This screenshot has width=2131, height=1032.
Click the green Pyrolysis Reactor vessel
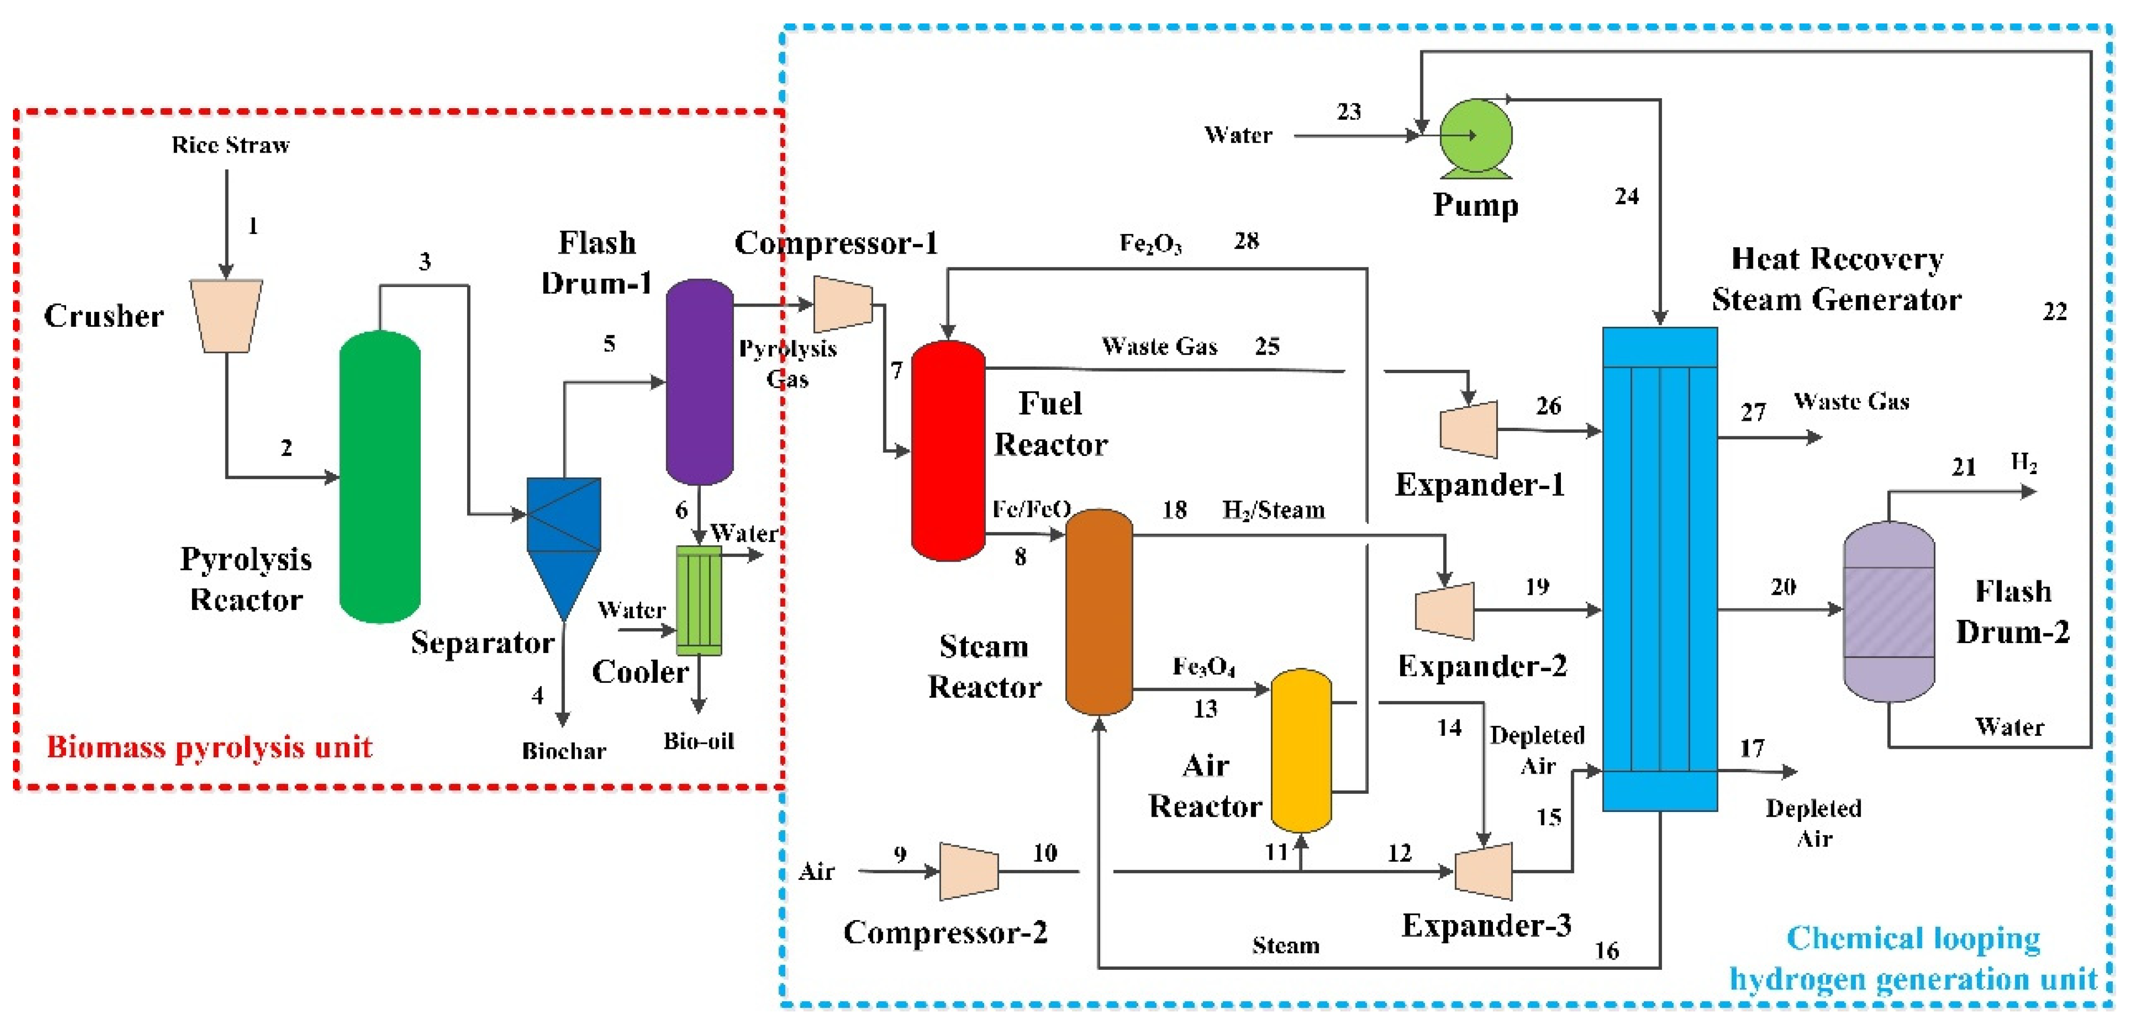click(380, 477)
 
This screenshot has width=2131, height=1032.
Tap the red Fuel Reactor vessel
click(948, 451)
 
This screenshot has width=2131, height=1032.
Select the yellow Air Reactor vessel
click(1301, 750)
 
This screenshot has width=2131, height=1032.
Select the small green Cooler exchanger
click(699, 600)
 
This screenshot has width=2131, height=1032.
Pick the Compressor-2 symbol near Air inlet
click(969, 871)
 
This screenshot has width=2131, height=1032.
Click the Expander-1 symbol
click(1469, 429)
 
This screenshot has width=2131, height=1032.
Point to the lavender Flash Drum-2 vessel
click(1889, 612)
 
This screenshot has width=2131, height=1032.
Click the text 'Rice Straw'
click(231, 145)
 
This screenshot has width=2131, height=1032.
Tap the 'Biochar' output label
click(563, 751)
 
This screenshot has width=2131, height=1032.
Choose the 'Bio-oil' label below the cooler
click(699, 741)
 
